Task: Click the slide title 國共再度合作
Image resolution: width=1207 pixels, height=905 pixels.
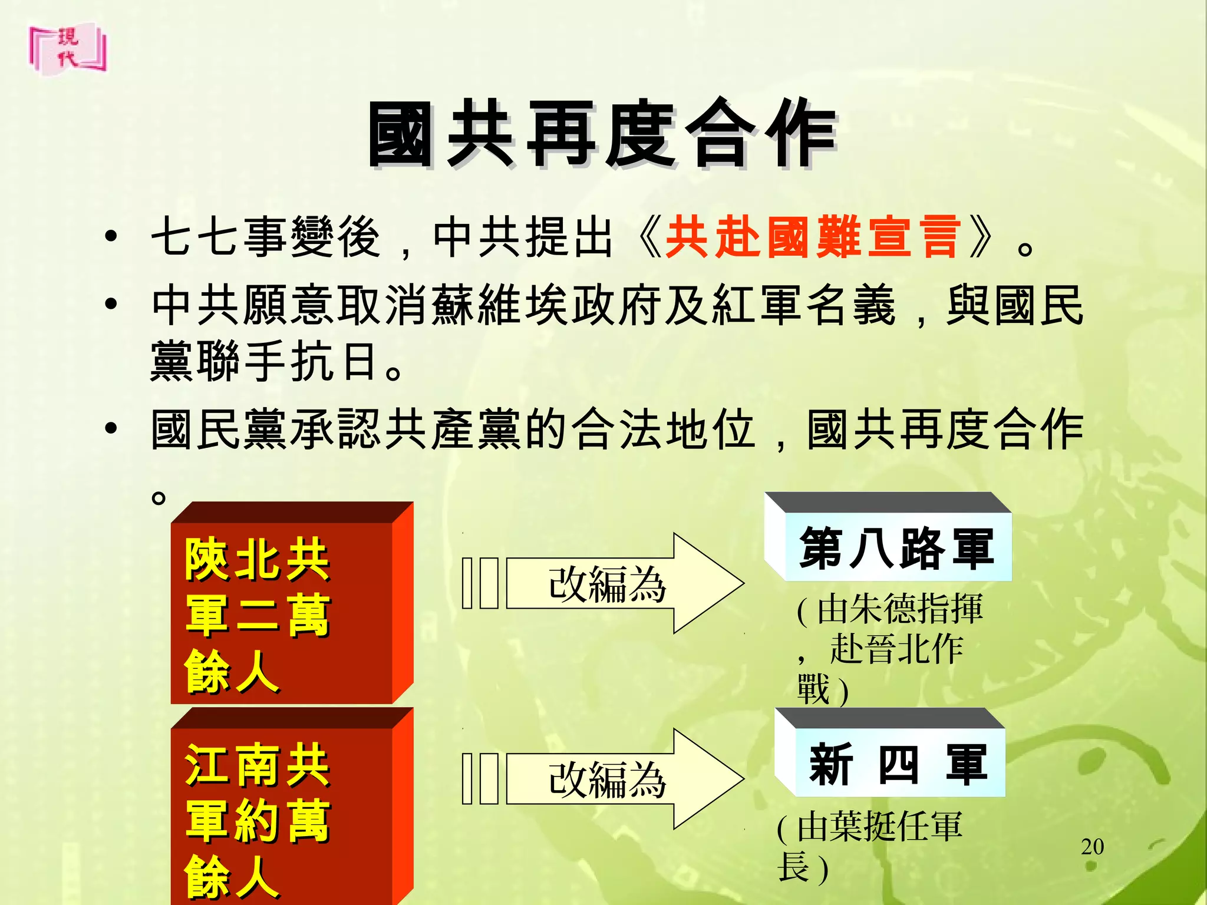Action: coord(602,134)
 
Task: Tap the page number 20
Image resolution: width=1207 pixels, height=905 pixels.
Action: coord(1092,847)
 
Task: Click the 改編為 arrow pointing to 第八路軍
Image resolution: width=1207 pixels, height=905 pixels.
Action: coord(607,583)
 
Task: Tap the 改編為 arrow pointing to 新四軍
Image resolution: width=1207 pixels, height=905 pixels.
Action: coord(607,780)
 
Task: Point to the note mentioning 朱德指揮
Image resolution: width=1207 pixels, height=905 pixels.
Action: coord(890,648)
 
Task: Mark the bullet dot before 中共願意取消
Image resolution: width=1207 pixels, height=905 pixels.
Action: coord(110,305)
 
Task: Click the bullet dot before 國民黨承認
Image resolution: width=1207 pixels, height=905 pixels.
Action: coord(110,429)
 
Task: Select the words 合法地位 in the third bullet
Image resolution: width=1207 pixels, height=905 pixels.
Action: coord(664,429)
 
